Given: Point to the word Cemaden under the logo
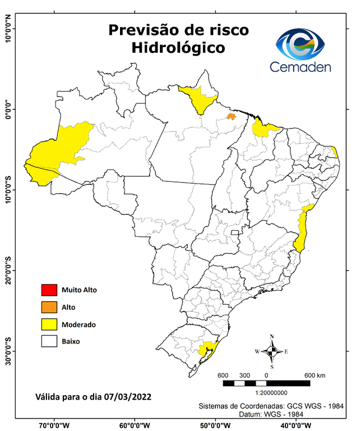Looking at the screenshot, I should tap(300, 67).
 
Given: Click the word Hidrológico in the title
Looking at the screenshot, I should tap(178, 48).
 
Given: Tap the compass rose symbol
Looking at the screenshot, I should tap(271, 351).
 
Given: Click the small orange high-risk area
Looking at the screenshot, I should tap(230, 116).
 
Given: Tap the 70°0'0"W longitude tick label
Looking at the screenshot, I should tap(54, 425).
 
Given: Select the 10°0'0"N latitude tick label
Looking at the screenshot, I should tap(8, 29).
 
